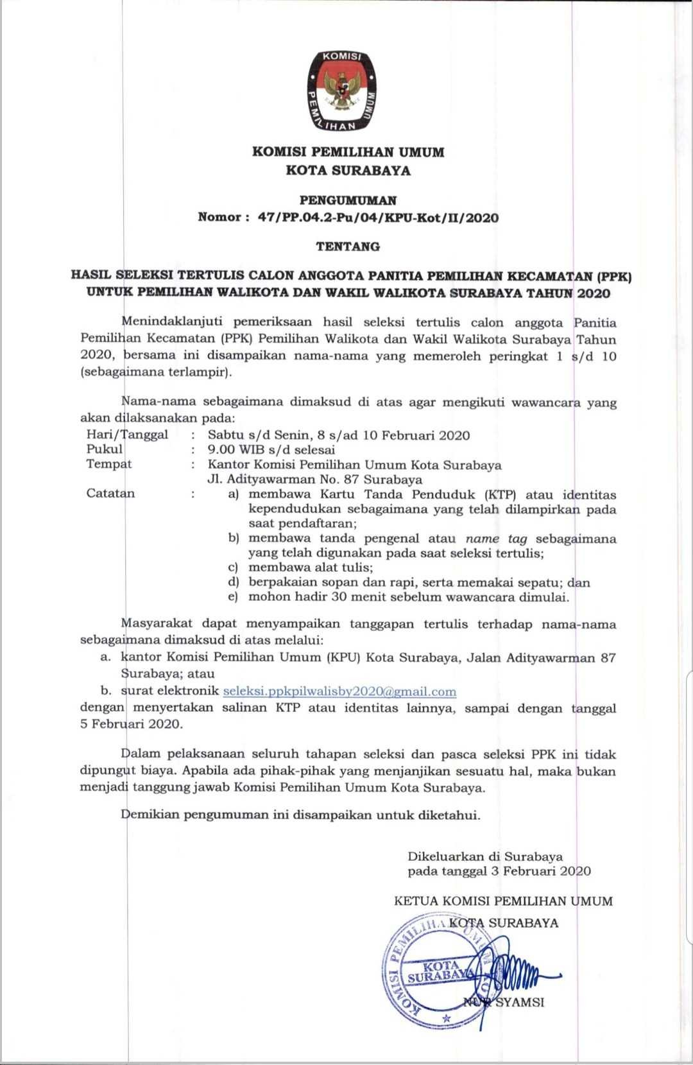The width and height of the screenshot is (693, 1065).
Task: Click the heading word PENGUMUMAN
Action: click(348, 201)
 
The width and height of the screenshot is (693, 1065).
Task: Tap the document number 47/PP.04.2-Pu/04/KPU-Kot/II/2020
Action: click(378, 218)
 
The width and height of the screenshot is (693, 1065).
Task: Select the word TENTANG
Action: click(348, 246)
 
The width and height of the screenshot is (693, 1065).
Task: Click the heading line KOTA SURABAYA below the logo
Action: click(348, 171)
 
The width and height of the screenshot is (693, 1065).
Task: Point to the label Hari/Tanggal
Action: click(127, 435)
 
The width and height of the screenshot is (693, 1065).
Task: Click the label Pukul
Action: click(105, 449)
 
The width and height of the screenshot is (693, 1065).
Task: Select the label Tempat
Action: click(109, 464)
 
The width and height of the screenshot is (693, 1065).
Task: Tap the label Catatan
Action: click(111, 494)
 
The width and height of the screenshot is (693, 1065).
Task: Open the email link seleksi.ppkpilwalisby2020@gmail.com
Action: click(339, 691)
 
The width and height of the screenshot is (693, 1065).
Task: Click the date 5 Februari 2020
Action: click(132, 723)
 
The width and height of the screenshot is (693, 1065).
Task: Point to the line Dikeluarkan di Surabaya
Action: click(485, 856)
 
